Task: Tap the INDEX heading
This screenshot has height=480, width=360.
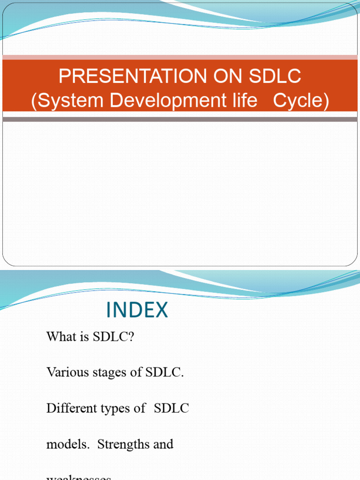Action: tap(137, 310)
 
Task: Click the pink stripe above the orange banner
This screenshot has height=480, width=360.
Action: tap(180, 58)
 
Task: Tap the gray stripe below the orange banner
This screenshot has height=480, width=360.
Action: tap(180, 119)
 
